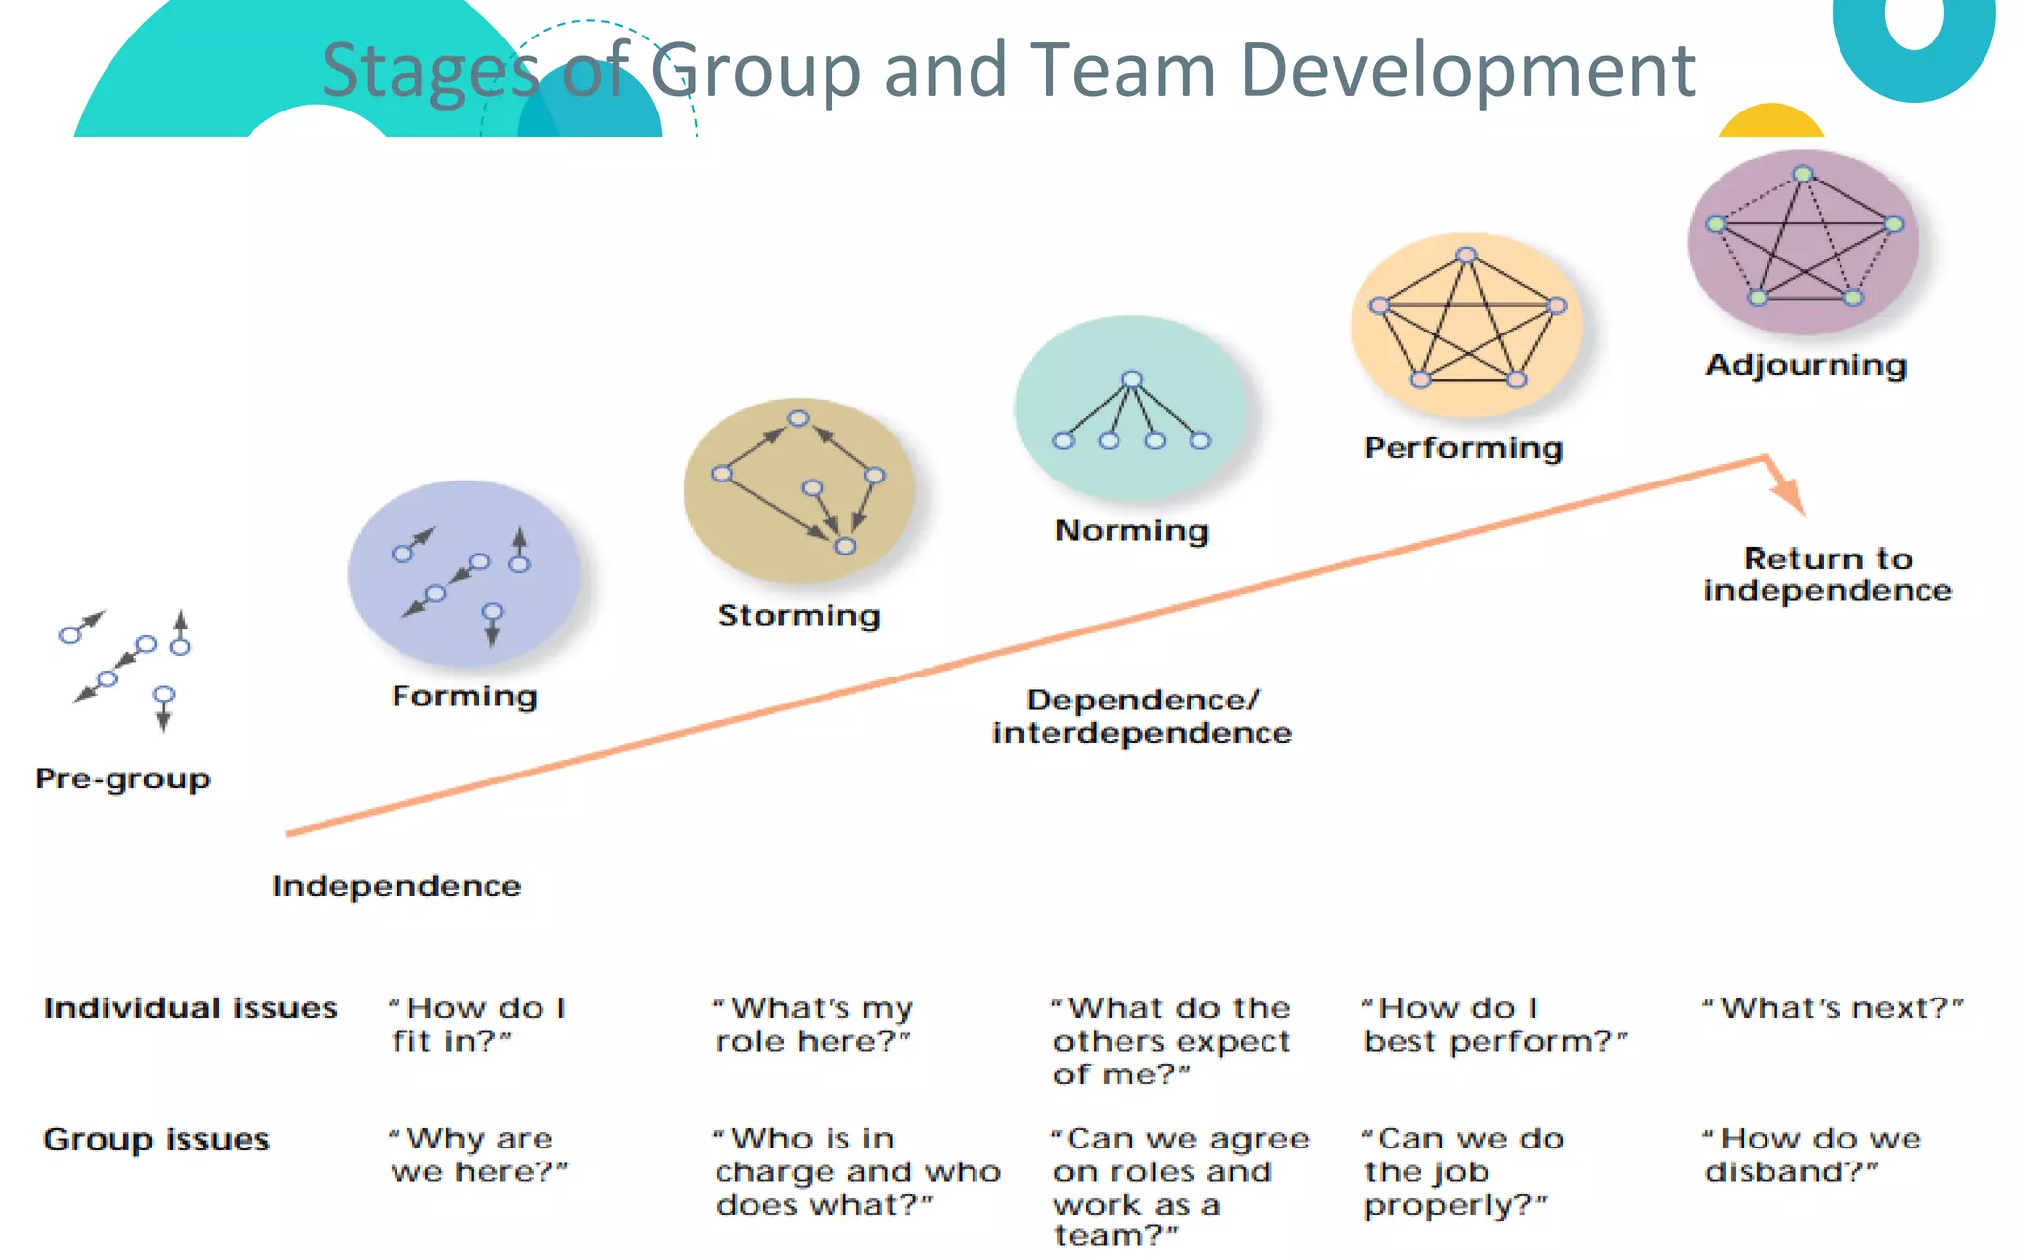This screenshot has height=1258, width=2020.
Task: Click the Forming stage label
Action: pos(465,697)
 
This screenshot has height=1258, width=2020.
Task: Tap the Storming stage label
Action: pos(799,616)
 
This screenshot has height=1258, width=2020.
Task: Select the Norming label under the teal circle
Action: pos(1132,531)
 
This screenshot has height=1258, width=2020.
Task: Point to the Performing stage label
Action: pos(1464,448)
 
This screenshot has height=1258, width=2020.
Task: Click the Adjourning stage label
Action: pos(1806,365)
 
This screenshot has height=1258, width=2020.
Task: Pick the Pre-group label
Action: pos(123,778)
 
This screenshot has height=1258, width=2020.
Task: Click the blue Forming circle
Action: pos(464,572)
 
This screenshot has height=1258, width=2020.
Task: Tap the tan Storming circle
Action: pos(799,490)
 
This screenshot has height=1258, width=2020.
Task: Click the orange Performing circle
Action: pos(1467,325)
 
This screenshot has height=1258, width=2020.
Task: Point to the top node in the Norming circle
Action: pos(1132,379)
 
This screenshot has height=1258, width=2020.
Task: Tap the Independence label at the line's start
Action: pos(397,886)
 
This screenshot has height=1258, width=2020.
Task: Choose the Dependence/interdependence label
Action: pos(1142,716)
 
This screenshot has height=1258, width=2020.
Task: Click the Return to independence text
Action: pos(1828,574)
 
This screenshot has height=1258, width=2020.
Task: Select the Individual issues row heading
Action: pos(190,1008)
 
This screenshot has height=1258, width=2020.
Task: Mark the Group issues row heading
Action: pos(157,1140)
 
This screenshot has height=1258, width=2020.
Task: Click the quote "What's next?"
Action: pos(1834,1008)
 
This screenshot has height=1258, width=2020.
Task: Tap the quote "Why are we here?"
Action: pos(478,1154)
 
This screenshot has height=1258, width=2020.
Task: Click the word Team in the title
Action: pos(1123,71)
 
